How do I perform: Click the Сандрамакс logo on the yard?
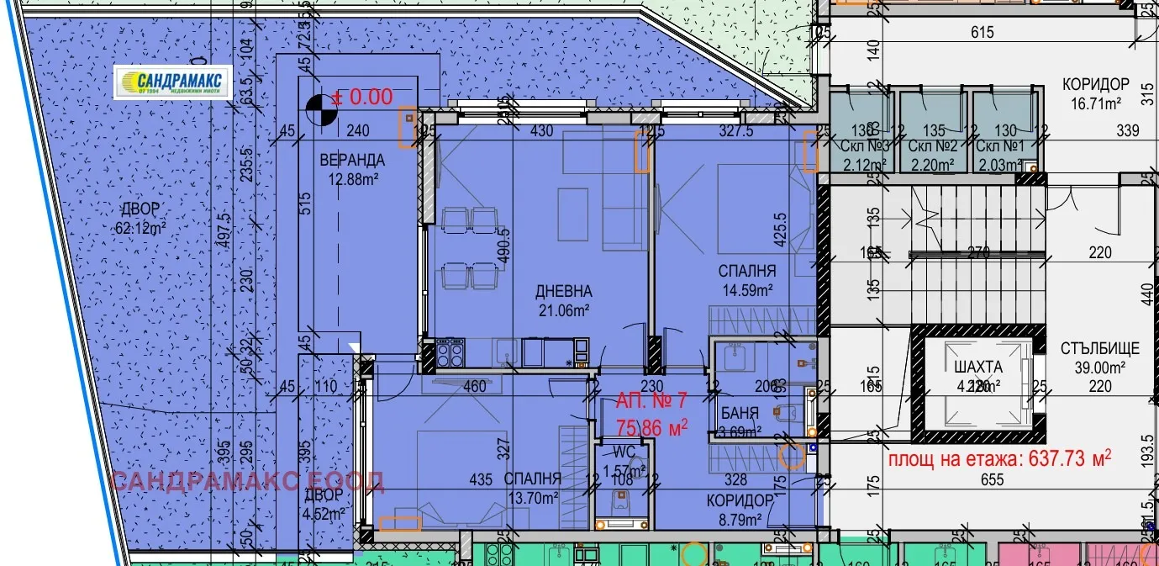[x=173, y=82]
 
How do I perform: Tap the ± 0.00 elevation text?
[x=363, y=97]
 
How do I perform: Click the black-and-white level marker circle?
[x=317, y=107]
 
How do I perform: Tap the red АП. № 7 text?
[x=651, y=400]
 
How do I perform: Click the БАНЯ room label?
[x=740, y=413]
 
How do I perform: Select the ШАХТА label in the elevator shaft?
[x=978, y=368]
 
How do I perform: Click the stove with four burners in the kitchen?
[x=449, y=352]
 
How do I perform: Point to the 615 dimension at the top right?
[x=982, y=33]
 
